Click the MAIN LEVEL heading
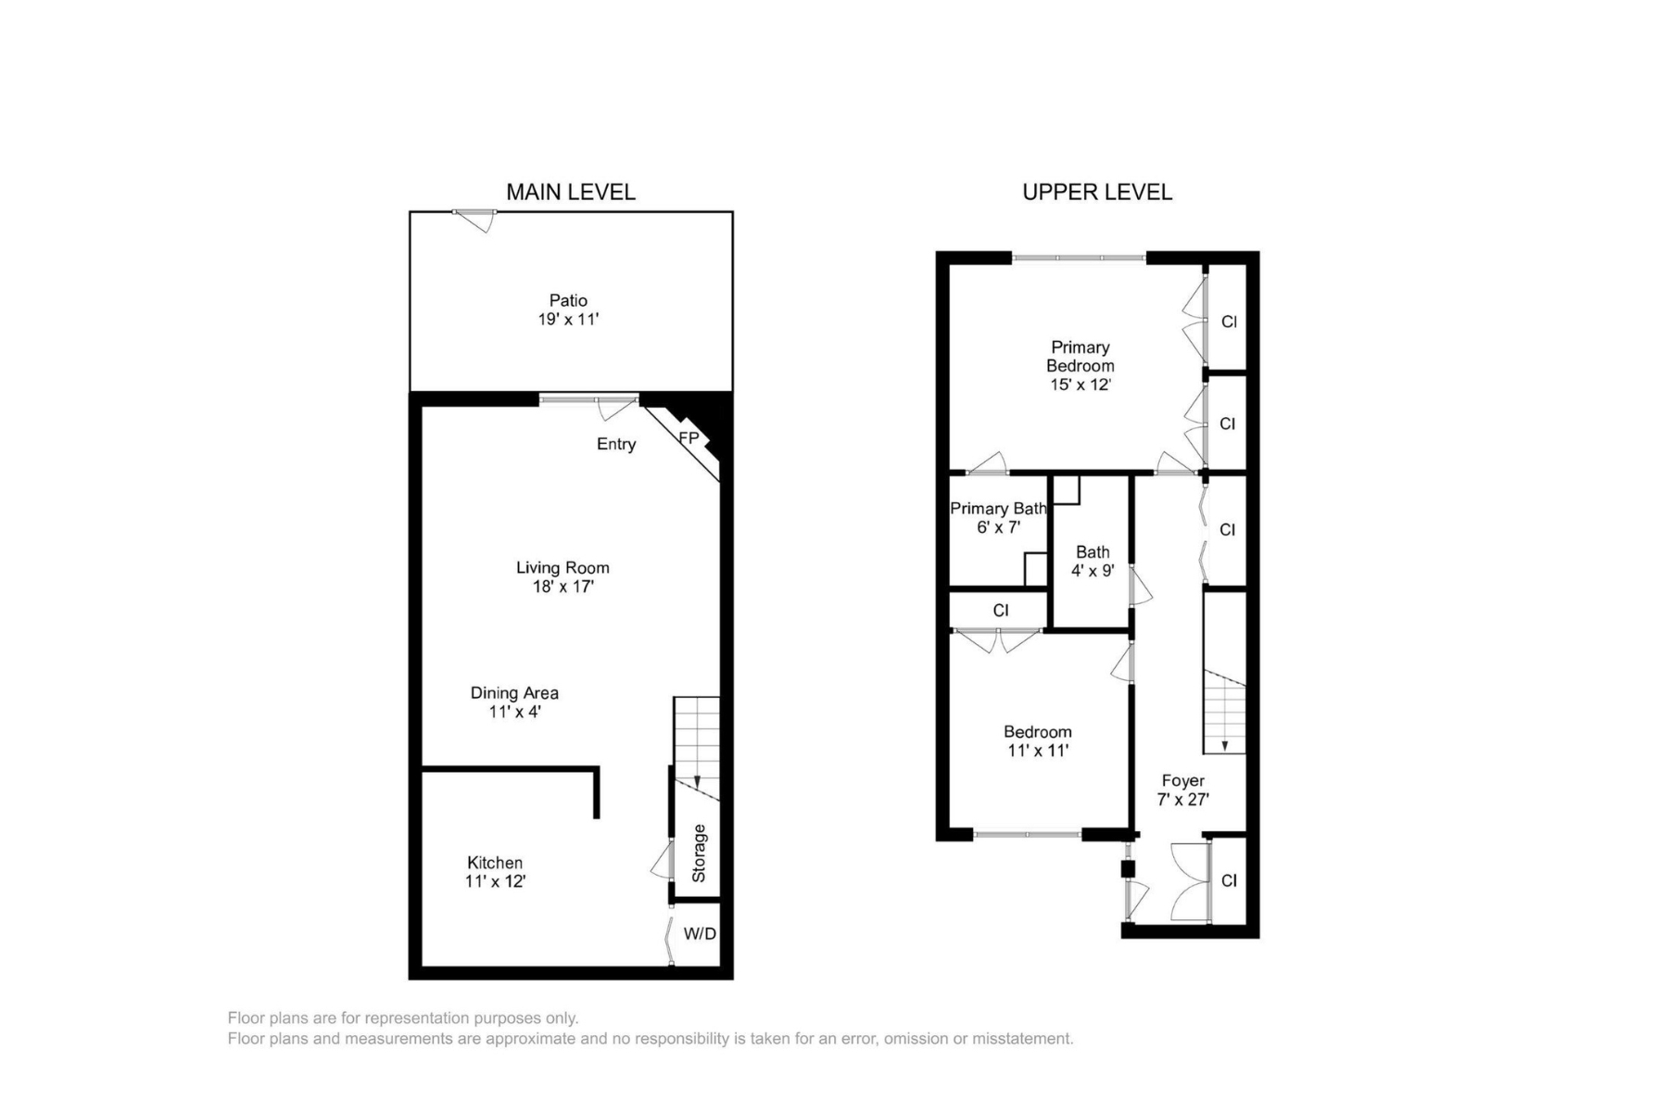(570, 192)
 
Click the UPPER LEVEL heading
(1097, 192)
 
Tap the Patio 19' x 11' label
(568, 310)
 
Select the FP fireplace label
(689, 437)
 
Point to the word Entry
(616, 444)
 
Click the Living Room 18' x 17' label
(562, 576)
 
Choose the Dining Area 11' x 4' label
(514, 701)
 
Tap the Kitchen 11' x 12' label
(495, 871)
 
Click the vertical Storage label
(700, 853)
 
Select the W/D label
(700, 933)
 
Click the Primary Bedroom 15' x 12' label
(1080, 365)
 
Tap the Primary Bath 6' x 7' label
(998, 517)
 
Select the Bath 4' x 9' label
(1093, 561)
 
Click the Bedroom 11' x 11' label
(1037, 740)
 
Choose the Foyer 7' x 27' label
(1182, 790)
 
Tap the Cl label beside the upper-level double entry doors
(1229, 880)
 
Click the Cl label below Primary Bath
(1000, 611)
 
